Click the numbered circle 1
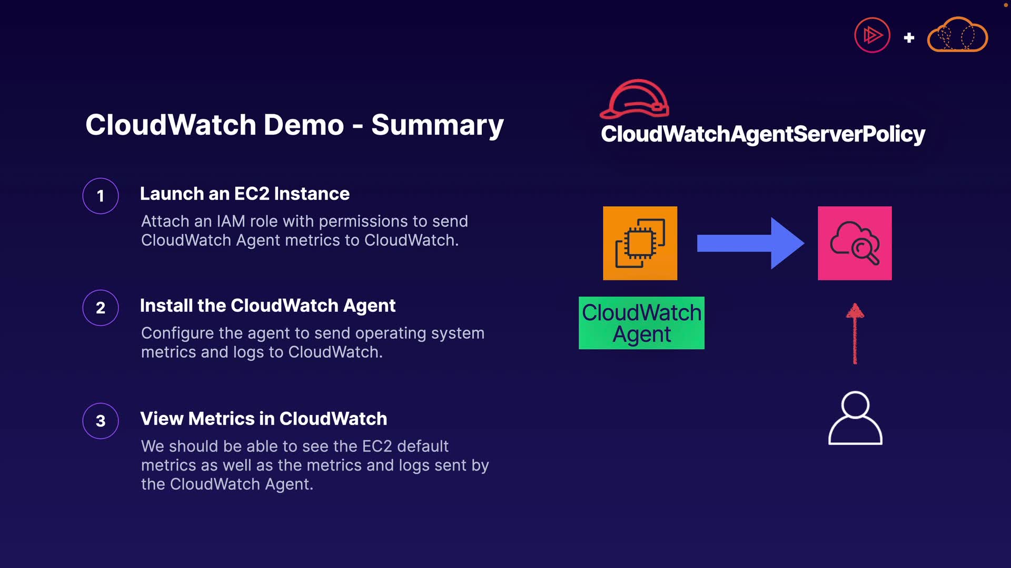(x=101, y=196)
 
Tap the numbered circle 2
(x=101, y=308)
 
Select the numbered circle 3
(x=101, y=421)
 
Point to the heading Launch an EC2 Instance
(x=245, y=194)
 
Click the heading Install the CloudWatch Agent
(x=267, y=306)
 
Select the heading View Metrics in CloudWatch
(x=264, y=419)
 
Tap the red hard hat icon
(x=635, y=99)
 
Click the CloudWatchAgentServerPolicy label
(x=763, y=134)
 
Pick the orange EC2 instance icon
(x=640, y=243)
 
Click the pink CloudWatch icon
(x=855, y=243)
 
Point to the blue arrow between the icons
(x=750, y=243)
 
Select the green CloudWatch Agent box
(x=641, y=323)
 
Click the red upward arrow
(x=855, y=333)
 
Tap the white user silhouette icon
(x=855, y=418)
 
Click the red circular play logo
(x=872, y=35)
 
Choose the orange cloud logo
(x=957, y=34)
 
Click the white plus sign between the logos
(x=909, y=38)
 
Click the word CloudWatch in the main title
(x=171, y=125)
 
